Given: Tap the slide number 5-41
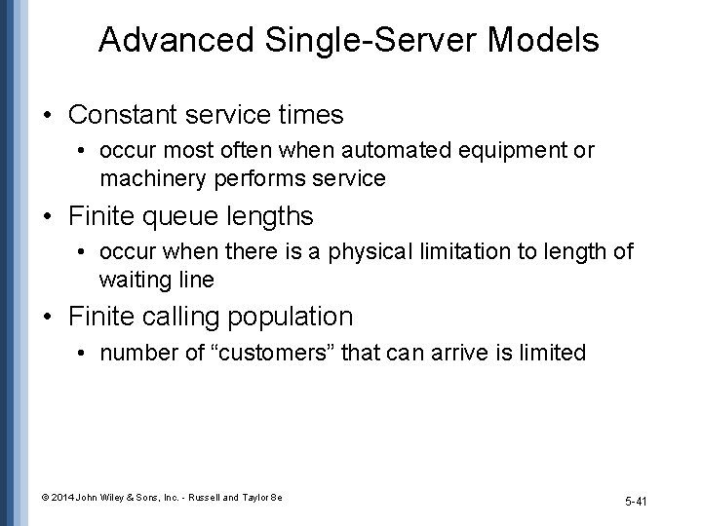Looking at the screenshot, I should click(x=637, y=502).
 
